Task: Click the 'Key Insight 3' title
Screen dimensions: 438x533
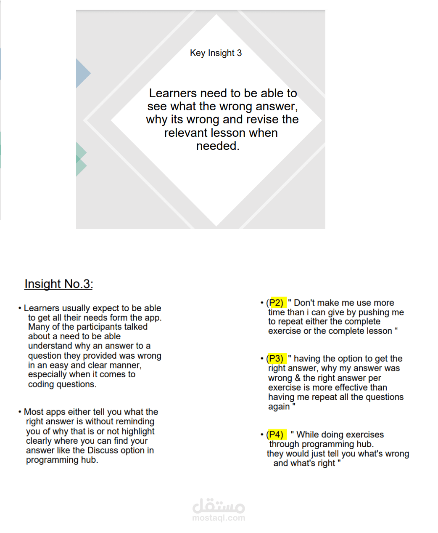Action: click(x=216, y=53)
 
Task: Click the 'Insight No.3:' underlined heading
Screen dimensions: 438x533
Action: click(x=58, y=284)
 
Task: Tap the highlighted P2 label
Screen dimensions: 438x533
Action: click(x=279, y=302)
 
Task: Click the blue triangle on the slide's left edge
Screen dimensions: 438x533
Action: click(x=83, y=73)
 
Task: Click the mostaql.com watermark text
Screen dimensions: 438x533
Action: click(x=219, y=518)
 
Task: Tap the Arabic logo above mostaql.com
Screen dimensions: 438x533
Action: click(x=219, y=505)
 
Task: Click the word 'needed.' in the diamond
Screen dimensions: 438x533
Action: click(x=218, y=146)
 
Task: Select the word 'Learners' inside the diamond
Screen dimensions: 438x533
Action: click(x=173, y=93)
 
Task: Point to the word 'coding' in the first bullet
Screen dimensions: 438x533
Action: click(x=41, y=384)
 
